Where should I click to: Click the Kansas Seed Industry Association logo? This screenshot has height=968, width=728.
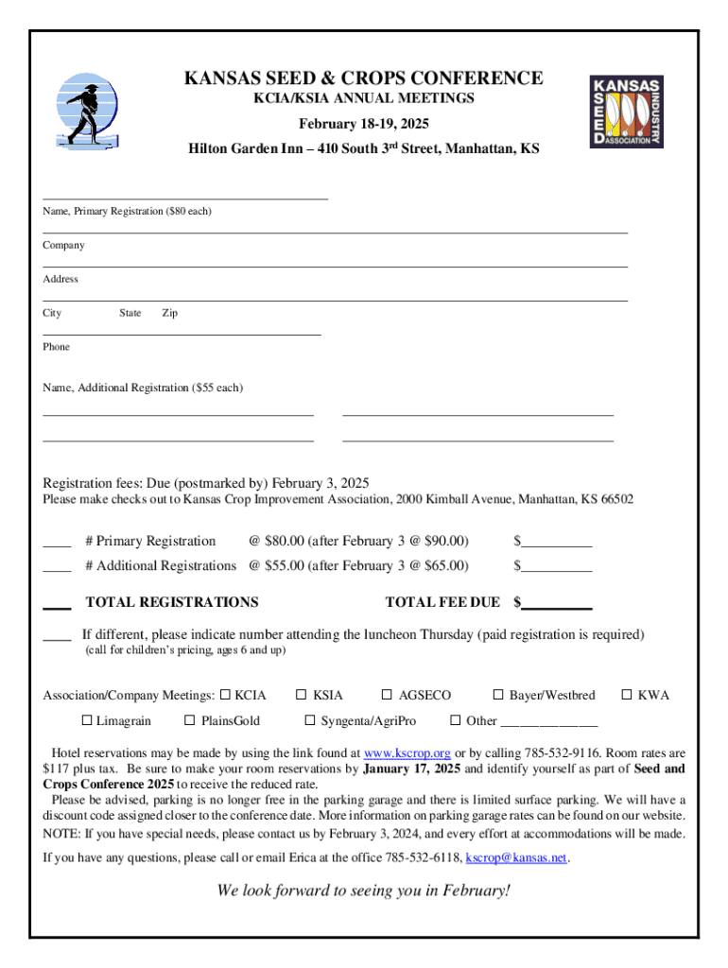click(626, 112)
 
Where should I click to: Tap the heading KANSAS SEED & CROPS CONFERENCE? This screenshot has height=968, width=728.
click(363, 78)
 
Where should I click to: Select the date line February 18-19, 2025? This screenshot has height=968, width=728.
click(364, 124)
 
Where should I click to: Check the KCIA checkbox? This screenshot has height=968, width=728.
click(225, 696)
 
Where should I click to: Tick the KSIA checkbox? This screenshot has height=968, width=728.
click(302, 696)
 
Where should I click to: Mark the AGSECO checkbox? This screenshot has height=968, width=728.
click(387, 696)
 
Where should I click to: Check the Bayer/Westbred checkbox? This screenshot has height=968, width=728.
click(498, 696)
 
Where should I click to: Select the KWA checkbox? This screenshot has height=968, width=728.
click(626, 696)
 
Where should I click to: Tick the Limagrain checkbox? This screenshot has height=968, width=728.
click(86, 721)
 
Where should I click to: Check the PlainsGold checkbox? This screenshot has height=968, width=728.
click(189, 721)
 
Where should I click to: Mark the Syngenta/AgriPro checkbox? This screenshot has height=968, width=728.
click(309, 721)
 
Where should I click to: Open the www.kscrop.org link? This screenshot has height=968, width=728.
click(407, 753)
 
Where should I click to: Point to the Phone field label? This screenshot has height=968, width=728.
click(56, 347)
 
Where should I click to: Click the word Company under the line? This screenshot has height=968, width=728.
click(63, 245)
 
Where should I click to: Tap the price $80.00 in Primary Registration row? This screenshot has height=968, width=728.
click(283, 542)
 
